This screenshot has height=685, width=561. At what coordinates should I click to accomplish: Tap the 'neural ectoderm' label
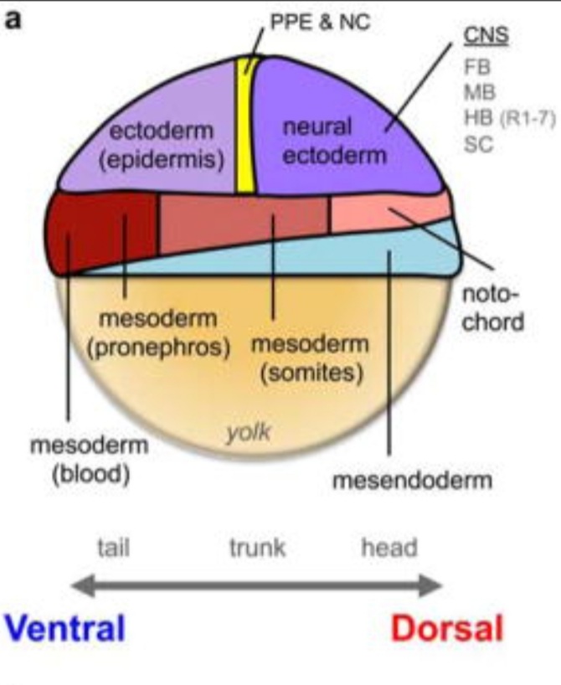[322, 141]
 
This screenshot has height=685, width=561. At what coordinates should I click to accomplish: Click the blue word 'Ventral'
[64, 627]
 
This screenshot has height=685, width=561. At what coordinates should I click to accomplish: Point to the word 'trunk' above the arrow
[257, 549]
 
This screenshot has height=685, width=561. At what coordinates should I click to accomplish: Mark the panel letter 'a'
[12, 19]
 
